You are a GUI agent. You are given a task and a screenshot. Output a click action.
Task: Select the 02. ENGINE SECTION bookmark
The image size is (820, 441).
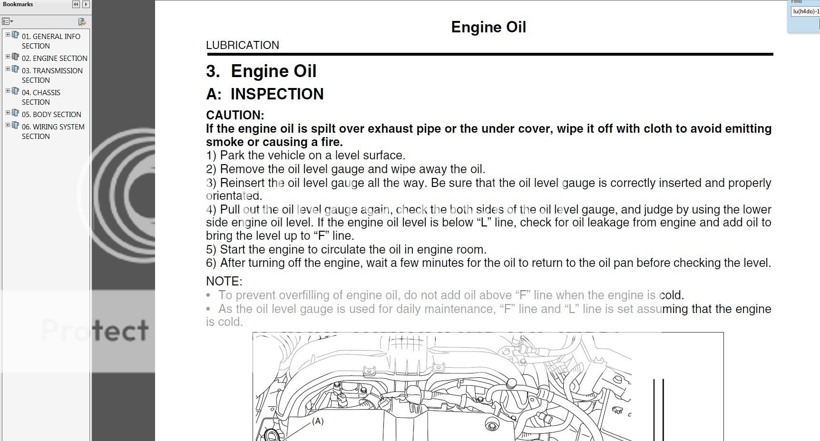coord(54,58)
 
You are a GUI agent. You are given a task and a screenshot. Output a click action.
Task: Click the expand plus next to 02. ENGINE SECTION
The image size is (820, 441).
coord(8,57)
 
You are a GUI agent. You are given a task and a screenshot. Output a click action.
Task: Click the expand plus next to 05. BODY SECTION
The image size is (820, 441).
coord(8,113)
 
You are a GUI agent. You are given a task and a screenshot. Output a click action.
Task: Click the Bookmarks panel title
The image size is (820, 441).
coord(18,4)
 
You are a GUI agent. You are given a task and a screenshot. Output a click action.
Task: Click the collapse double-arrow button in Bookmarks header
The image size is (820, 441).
coord(76,4)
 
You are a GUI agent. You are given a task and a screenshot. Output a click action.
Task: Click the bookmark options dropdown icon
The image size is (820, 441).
coord(7,21)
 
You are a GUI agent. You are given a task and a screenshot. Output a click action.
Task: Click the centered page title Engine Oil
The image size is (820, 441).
coord(488,27)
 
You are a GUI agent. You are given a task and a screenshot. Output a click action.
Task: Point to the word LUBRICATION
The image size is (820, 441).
coord(242,45)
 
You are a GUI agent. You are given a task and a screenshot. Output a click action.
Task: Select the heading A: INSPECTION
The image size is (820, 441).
coord(264,94)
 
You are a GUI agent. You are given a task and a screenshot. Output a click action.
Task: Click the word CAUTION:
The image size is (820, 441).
coord(234,115)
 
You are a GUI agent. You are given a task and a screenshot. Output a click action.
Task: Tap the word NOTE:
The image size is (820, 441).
coord(224,281)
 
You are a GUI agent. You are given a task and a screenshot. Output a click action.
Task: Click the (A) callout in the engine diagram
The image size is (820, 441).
coord(318,421)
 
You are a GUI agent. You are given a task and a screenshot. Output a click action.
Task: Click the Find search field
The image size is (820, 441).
coord(805,11)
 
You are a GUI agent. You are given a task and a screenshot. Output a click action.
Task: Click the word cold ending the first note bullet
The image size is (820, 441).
coord(670,295)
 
